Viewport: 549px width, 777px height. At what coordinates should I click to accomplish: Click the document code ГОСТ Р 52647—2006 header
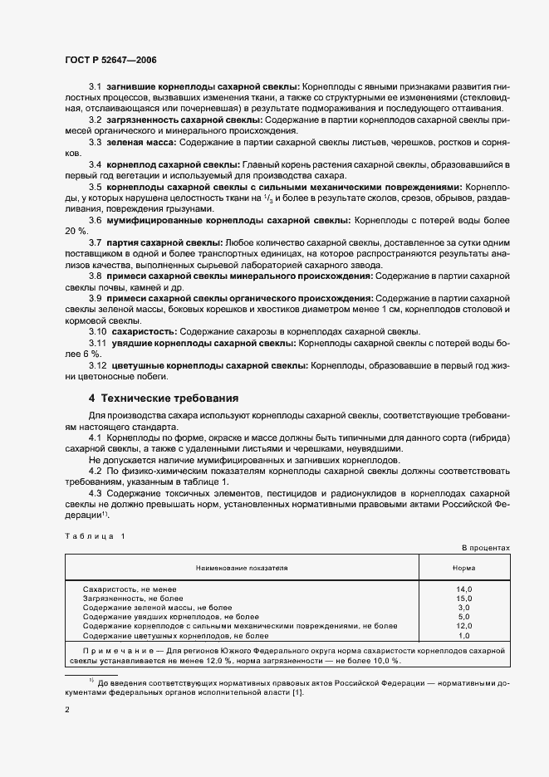tap(110, 61)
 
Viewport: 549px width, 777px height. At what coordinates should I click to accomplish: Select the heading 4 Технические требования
tap(164, 397)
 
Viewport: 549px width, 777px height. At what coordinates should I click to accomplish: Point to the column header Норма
tap(463, 569)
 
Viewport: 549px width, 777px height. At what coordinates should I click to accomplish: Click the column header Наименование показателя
tap(242, 569)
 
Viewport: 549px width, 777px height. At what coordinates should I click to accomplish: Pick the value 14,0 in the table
tap(463, 589)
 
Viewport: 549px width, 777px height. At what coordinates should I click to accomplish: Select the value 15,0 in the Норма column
tap(463, 599)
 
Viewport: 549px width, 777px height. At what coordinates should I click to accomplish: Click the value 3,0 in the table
tap(463, 608)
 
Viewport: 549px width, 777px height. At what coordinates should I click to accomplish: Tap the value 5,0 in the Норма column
tap(463, 617)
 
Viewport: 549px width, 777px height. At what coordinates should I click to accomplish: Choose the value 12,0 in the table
tap(463, 626)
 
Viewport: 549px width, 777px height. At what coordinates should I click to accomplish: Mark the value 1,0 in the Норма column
tap(463, 635)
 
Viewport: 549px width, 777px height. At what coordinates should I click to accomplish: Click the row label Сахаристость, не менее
tap(130, 589)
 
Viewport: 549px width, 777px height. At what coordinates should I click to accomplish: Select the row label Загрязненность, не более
tap(133, 599)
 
